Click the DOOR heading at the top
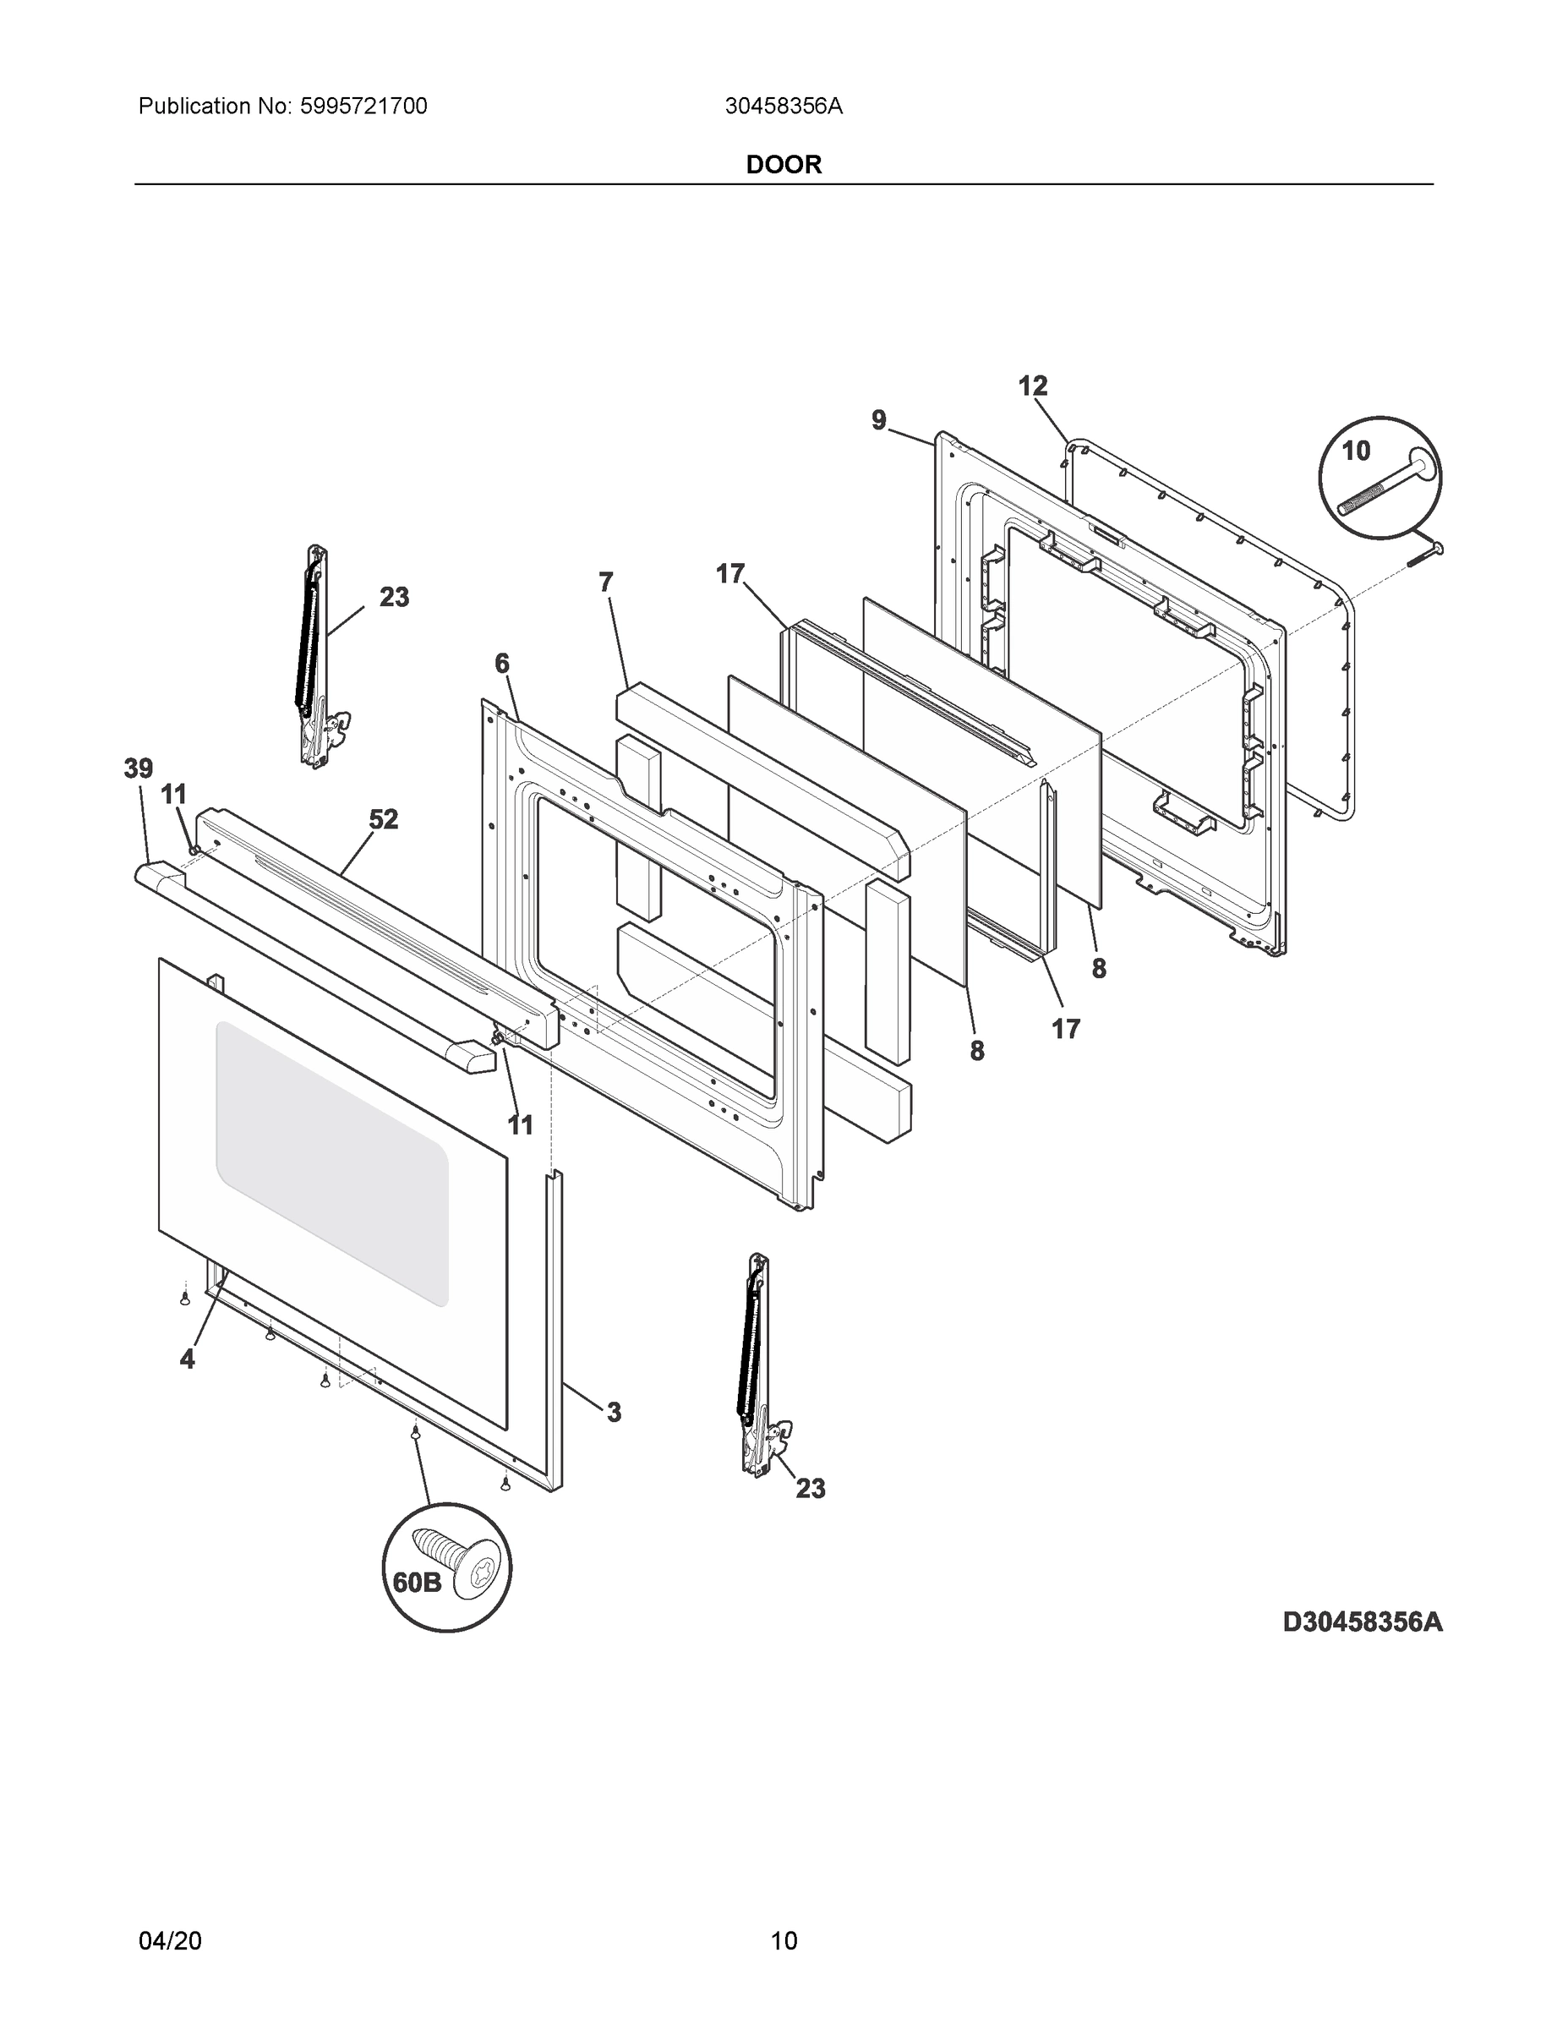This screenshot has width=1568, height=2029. pyautogui.click(x=784, y=165)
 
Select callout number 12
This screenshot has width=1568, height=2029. pyautogui.click(x=1033, y=386)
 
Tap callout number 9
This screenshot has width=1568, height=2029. pyautogui.click(x=879, y=420)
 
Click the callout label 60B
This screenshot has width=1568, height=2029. pyautogui.click(x=416, y=1582)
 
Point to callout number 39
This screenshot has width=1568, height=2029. pyautogui.click(x=139, y=768)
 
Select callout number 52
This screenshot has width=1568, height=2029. pyautogui.click(x=384, y=819)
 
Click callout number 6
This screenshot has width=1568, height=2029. pyautogui.click(x=501, y=664)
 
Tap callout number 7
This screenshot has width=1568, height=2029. pyautogui.click(x=606, y=582)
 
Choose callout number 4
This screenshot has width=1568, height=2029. pyautogui.click(x=188, y=1359)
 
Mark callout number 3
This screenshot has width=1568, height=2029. pyautogui.click(x=614, y=1412)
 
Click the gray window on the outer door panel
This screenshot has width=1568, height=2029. pyautogui.click(x=331, y=1162)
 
